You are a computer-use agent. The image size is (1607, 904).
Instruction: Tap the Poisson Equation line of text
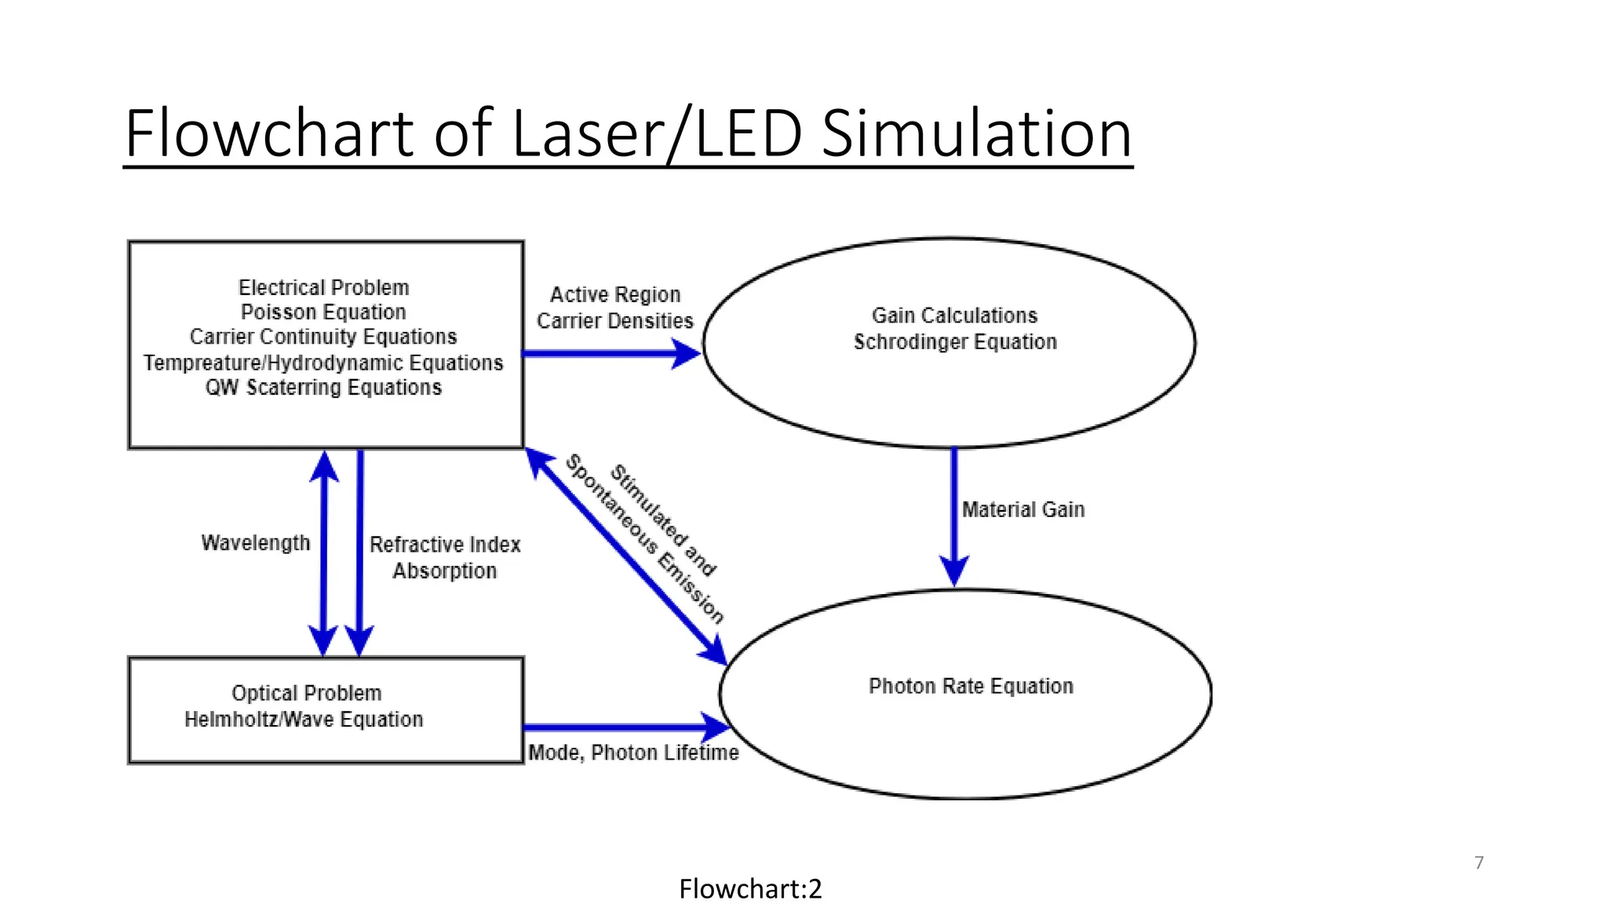pyautogui.click(x=323, y=312)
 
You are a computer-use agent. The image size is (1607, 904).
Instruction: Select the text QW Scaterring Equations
pyautogui.click(x=323, y=388)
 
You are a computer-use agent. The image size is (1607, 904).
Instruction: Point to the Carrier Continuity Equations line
pyautogui.click(x=323, y=337)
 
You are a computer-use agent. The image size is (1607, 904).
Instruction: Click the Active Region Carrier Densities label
pyautogui.click(x=615, y=308)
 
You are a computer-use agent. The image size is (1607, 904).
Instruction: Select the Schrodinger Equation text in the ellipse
pyautogui.click(x=955, y=342)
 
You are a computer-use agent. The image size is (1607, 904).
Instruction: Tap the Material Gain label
pyautogui.click(x=1023, y=510)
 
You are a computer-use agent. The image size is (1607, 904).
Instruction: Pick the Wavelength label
pyautogui.click(x=256, y=543)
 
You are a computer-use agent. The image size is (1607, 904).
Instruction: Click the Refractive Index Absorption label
pyautogui.click(x=445, y=557)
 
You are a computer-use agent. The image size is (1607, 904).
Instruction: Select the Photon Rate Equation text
pyautogui.click(x=971, y=687)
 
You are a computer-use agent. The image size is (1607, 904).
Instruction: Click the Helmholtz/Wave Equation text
pyautogui.click(x=304, y=720)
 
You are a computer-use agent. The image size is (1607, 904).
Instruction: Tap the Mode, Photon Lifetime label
pyautogui.click(x=633, y=753)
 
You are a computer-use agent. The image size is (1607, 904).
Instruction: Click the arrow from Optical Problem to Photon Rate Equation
pyautogui.click(x=620, y=727)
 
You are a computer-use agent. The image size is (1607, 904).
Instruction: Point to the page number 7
pyautogui.click(x=1479, y=862)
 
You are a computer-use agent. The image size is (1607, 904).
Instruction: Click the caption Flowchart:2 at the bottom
pyautogui.click(x=750, y=889)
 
